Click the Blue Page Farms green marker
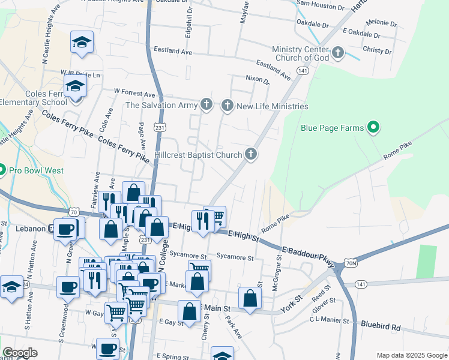click(x=373, y=127)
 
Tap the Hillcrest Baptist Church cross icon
click(x=252, y=155)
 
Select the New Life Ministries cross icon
click(x=227, y=106)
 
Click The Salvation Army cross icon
click(x=206, y=105)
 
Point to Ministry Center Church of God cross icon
click(x=338, y=53)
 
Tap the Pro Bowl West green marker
click(x=2, y=170)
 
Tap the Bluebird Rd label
click(x=381, y=326)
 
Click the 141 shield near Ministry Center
click(x=303, y=71)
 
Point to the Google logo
click(x=20, y=353)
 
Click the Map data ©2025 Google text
click(x=411, y=355)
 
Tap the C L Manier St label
click(x=330, y=320)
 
